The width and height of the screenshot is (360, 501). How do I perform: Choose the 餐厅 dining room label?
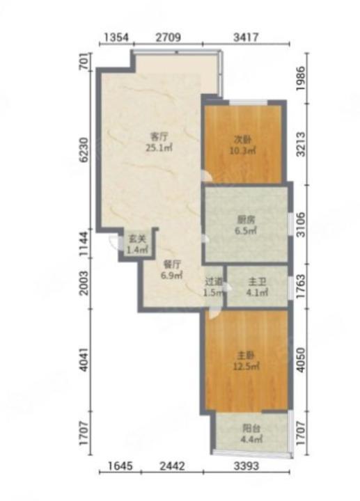[x=172, y=264]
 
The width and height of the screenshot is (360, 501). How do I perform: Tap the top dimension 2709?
[x=169, y=38]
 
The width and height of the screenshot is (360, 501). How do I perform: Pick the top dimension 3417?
[x=246, y=38]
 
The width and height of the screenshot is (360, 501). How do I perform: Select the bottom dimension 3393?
[x=246, y=466]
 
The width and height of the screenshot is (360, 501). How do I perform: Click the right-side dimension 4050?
[x=301, y=360]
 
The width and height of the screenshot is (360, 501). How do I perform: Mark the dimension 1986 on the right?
[x=301, y=78]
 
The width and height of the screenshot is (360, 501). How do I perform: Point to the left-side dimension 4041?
[x=84, y=360]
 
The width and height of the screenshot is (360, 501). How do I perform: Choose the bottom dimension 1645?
[x=120, y=466]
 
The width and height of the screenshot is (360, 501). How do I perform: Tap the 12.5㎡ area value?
[x=246, y=366]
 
